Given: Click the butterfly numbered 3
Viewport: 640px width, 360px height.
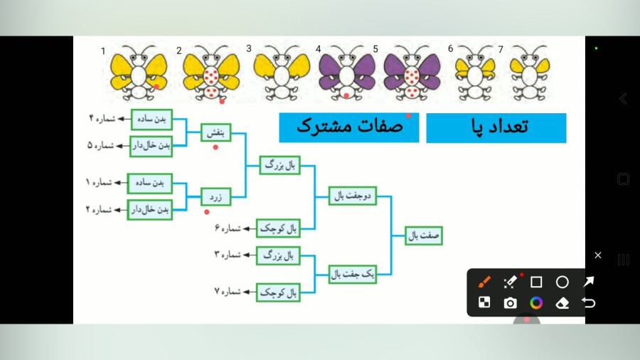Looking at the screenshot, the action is click(x=281, y=73).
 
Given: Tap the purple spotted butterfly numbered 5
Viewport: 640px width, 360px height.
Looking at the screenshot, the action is click(x=412, y=73).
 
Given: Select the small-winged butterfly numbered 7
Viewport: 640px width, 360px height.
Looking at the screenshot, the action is click(x=529, y=73).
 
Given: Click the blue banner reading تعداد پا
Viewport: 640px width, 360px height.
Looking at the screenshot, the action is click(x=496, y=128).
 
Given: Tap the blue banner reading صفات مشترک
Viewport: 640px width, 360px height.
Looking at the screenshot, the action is click(x=349, y=128).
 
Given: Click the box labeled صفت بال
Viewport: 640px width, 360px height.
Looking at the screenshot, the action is click(x=424, y=235).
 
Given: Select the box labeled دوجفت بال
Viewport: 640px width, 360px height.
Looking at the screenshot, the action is click(x=353, y=196).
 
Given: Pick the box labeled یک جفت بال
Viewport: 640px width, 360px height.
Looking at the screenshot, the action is click(x=353, y=274).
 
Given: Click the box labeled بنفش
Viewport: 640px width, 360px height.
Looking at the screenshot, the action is click(x=216, y=132).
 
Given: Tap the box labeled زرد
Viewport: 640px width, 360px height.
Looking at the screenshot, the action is click(x=216, y=197).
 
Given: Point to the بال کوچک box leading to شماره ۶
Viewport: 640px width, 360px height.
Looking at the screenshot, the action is click(x=278, y=228).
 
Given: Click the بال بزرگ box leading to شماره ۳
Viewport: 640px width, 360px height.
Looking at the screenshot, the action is click(x=278, y=256).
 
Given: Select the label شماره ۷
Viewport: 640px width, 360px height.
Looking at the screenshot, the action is click(x=228, y=292).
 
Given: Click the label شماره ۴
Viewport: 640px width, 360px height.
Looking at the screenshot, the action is click(x=102, y=118).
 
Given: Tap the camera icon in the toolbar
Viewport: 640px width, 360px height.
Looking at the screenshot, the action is click(x=510, y=303).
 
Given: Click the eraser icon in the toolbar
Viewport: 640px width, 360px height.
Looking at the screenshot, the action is click(x=562, y=303).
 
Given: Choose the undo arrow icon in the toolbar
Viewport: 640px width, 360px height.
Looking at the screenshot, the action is click(x=589, y=303).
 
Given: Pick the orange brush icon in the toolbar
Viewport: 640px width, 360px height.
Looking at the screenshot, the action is click(x=484, y=282).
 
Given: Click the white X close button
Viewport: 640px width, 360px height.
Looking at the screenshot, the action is click(x=598, y=255).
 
